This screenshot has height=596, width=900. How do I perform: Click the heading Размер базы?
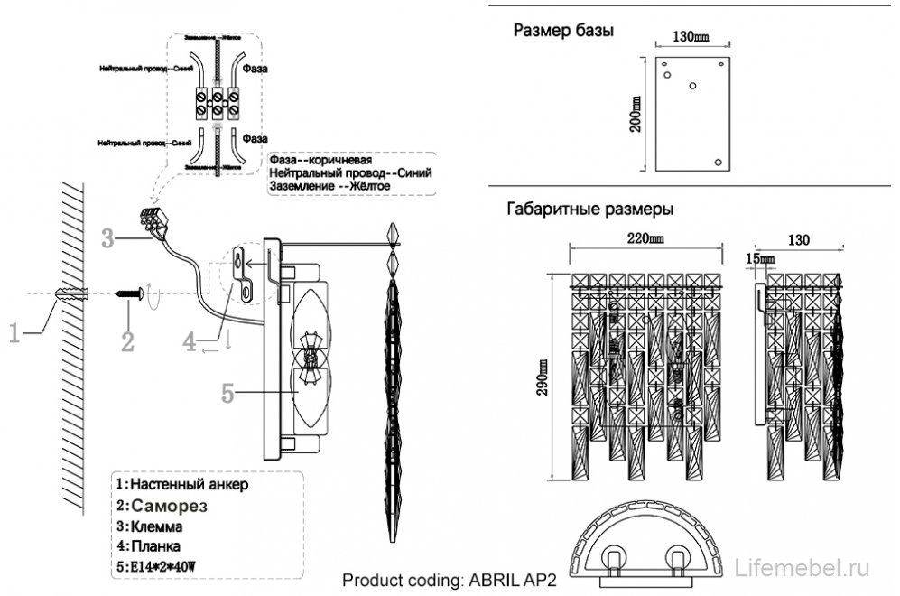563,31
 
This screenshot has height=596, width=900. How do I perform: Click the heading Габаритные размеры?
590,209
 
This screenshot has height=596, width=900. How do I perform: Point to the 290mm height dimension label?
542,376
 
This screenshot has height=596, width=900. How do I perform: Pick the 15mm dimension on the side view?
761,260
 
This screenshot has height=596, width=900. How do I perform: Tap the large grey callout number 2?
127,340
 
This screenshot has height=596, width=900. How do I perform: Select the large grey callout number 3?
107,239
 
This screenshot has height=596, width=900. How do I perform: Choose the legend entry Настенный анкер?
181,484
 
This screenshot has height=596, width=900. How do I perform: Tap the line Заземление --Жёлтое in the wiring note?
329,186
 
